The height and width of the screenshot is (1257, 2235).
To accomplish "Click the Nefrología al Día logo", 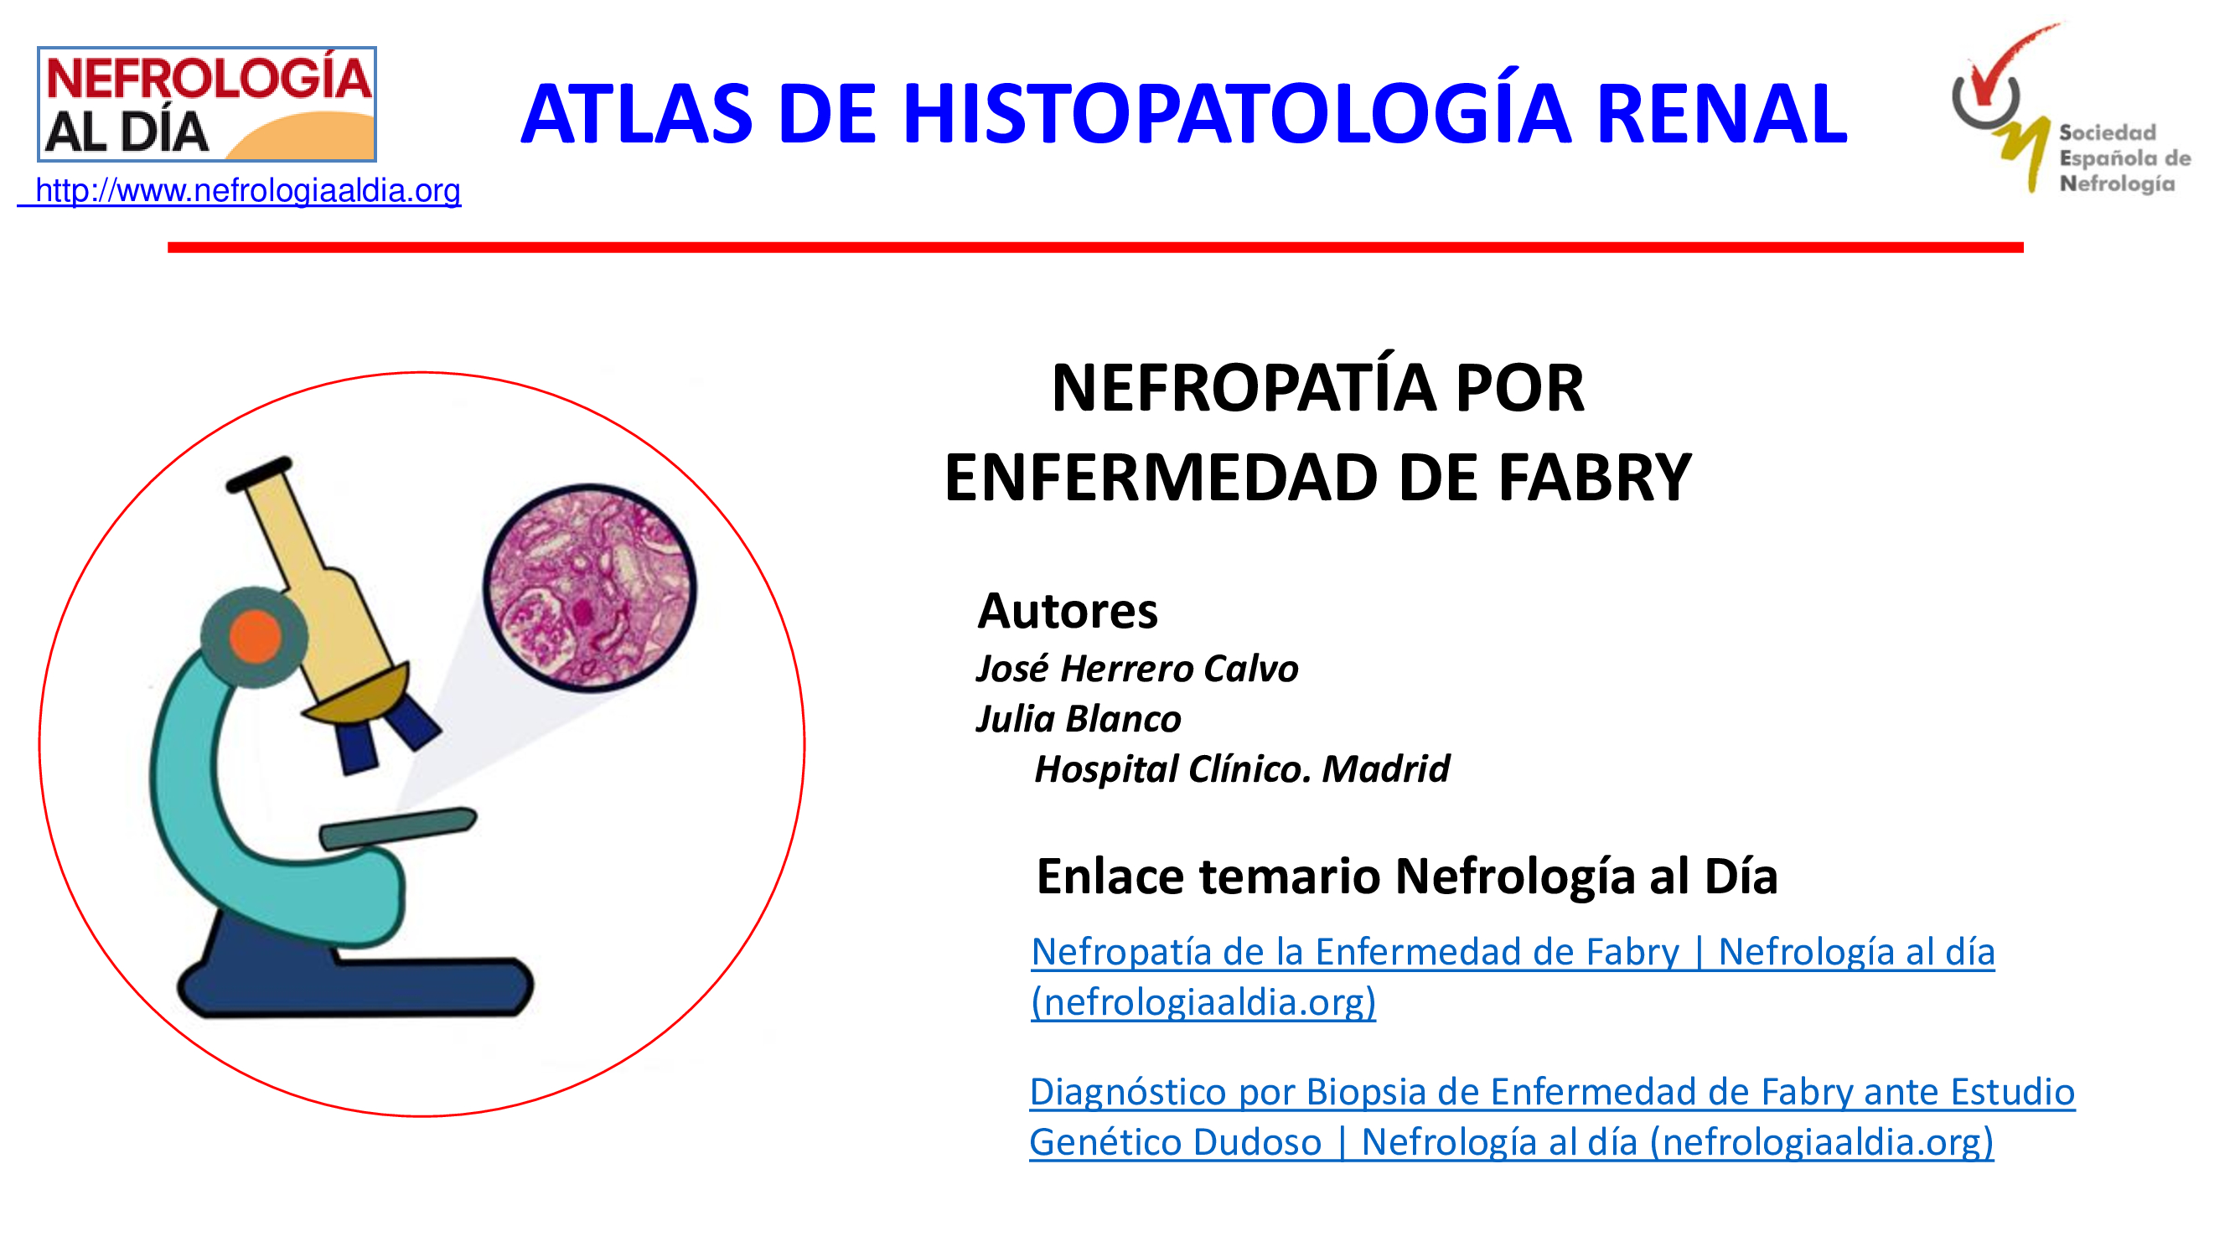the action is point(206,104).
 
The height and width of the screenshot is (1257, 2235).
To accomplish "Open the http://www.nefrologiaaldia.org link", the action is point(240,190).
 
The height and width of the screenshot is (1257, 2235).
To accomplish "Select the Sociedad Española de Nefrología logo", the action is point(2070,108).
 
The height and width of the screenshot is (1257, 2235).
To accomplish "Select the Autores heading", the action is point(1067,611).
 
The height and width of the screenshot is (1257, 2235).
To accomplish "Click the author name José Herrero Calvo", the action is point(1136,668).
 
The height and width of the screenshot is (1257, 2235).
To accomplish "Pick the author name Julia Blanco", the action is point(1079,718).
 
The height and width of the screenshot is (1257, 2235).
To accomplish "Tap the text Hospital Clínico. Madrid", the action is point(1242,768).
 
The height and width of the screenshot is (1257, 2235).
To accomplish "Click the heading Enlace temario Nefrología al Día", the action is point(1407,876).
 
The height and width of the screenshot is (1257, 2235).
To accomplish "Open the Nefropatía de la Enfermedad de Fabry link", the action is point(1513,977).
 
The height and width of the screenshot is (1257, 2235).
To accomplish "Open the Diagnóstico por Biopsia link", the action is point(1551,1116).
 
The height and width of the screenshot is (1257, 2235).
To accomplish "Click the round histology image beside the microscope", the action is point(590,587).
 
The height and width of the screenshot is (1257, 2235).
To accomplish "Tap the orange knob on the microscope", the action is point(255,636).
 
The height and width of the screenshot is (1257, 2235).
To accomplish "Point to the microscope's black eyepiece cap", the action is point(260,473).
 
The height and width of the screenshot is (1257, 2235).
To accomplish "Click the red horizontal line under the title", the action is point(1095,247).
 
